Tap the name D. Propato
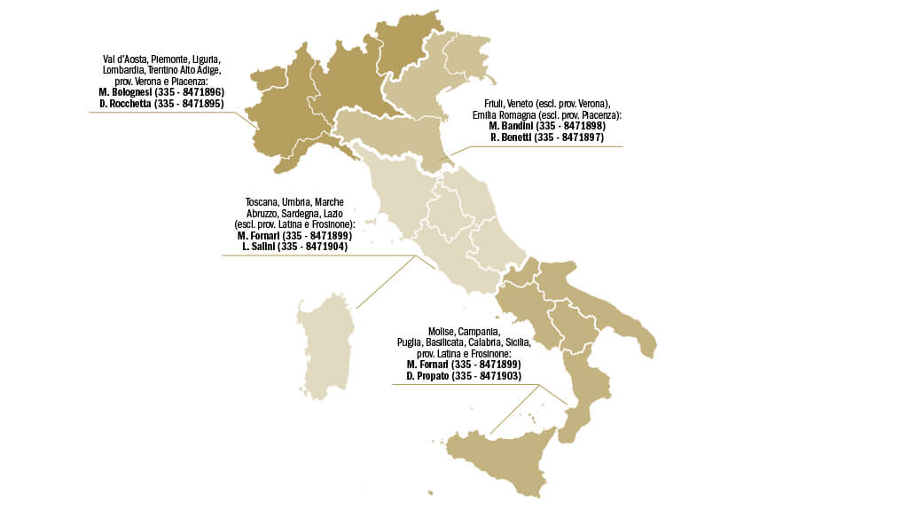tap(427, 376)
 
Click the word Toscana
tap(262, 202)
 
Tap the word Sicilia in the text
tap(516, 342)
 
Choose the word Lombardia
tap(127, 69)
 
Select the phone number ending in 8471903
tap(487, 376)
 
